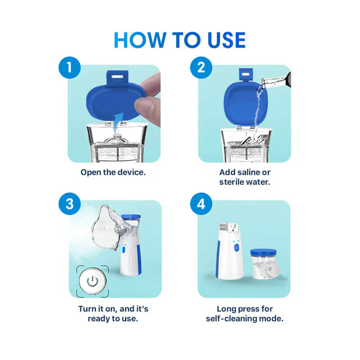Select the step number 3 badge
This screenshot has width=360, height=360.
[69, 204]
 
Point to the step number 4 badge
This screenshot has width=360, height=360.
[201, 204]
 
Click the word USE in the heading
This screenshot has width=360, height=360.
[220, 40]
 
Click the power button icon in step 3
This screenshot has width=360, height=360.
[93, 281]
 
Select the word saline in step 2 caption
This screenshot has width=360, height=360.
[251, 172]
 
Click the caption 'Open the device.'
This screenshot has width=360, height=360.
[113, 172]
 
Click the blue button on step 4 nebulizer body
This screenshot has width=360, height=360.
[236, 248]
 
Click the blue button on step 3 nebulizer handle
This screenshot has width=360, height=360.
[123, 249]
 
